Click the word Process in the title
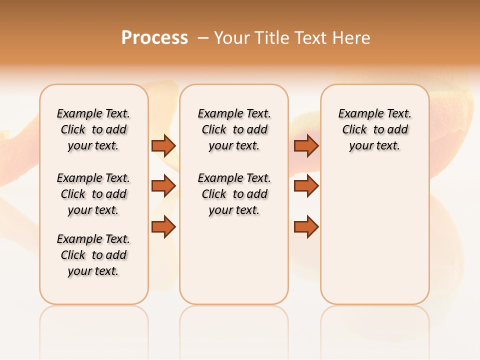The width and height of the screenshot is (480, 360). [154, 38]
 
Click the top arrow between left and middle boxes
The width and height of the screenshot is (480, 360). [163, 145]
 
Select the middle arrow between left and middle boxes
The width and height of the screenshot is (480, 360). [163, 186]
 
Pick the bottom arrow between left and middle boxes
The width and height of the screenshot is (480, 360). [163, 227]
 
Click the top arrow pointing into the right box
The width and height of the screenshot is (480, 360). [306, 145]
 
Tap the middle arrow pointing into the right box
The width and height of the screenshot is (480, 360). [306, 186]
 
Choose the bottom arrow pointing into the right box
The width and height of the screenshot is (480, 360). [306, 227]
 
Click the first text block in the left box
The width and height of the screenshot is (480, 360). [93, 129]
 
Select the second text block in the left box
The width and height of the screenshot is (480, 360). [93, 194]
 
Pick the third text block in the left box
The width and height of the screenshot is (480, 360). [93, 255]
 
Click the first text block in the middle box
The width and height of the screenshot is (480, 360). [234, 129]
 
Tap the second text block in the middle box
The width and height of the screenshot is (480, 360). [234, 194]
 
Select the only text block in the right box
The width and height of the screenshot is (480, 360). [374, 129]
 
